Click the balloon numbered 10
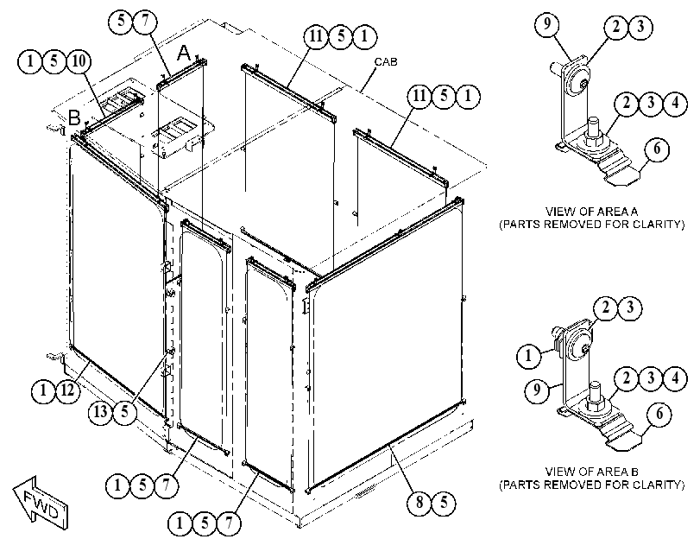coord(79,61)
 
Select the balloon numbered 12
coord(67,391)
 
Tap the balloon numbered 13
coord(101,411)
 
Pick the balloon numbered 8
coord(419,503)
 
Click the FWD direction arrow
coord(41,504)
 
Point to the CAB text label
coord(385,61)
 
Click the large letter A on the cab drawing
coord(184,54)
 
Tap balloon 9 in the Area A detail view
coord(547,23)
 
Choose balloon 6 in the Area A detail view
coord(657,149)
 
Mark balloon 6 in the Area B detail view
coord(659,415)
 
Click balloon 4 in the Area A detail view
coord(675,104)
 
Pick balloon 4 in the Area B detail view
coord(675,378)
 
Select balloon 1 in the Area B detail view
coord(529,356)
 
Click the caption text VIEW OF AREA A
coord(591,211)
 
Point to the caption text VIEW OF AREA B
coord(591,472)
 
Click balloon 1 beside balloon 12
coord(43,391)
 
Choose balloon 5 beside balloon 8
coord(444,503)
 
